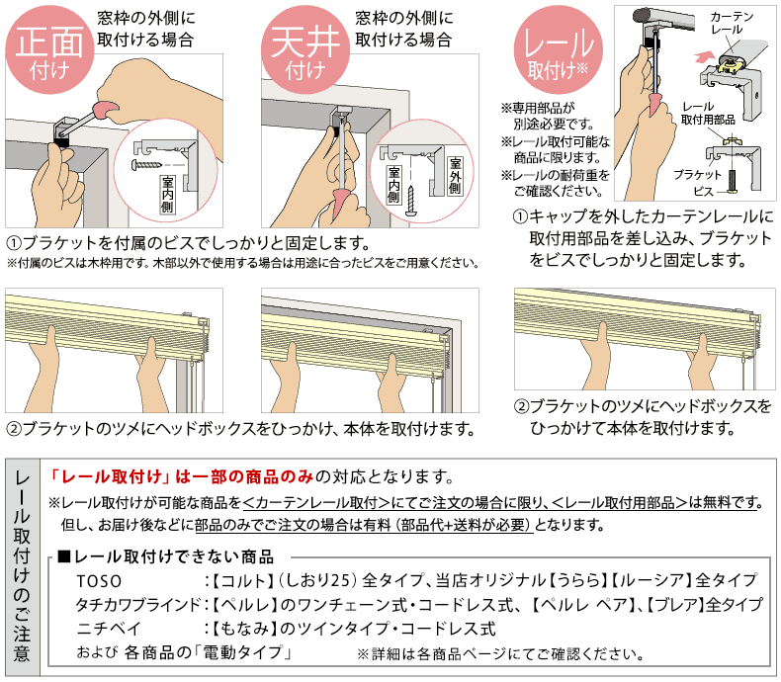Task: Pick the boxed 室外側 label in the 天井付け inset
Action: click(x=454, y=175)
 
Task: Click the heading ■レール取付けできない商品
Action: click(x=165, y=555)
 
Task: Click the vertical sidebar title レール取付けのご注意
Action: click(x=22, y=568)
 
